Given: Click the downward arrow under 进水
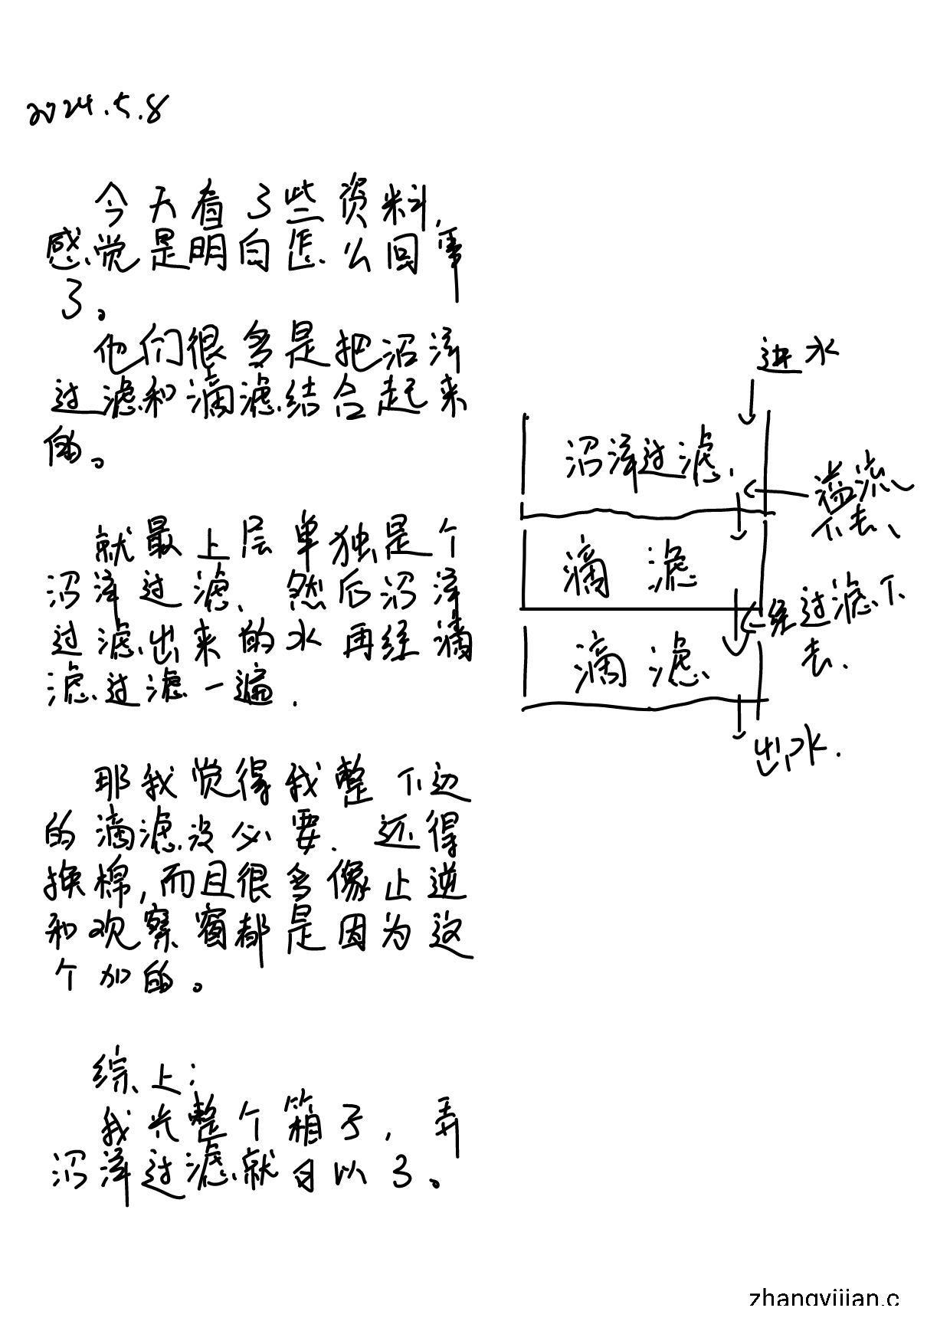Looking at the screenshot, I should click(749, 402).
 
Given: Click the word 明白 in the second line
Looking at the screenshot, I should click(229, 257).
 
